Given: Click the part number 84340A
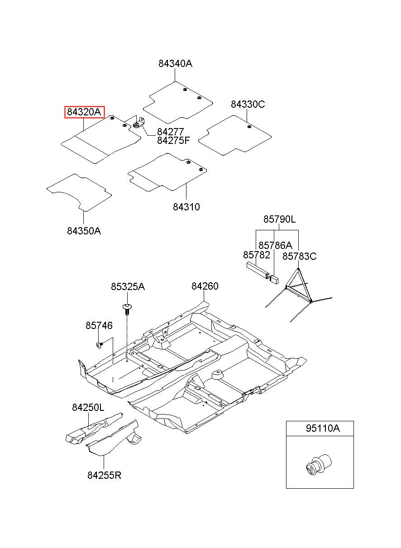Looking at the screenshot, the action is [175, 64].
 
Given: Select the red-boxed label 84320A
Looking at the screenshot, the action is [84, 112].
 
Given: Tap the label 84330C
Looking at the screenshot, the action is [248, 105].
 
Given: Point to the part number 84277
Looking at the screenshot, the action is [170, 132].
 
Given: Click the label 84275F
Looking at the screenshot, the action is [173, 140].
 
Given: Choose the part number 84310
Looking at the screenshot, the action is [186, 207].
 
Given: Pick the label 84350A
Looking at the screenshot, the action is [84, 231].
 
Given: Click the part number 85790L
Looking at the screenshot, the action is [279, 219].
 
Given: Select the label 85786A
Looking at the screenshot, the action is [275, 245].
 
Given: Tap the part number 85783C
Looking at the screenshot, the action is [300, 257].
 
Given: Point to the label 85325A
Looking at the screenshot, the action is [128, 286].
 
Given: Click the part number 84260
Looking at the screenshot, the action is [205, 286].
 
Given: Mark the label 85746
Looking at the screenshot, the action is [99, 326].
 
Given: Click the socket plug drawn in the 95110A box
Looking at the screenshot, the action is [319, 465].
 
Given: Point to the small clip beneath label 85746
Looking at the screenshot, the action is [100, 345].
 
